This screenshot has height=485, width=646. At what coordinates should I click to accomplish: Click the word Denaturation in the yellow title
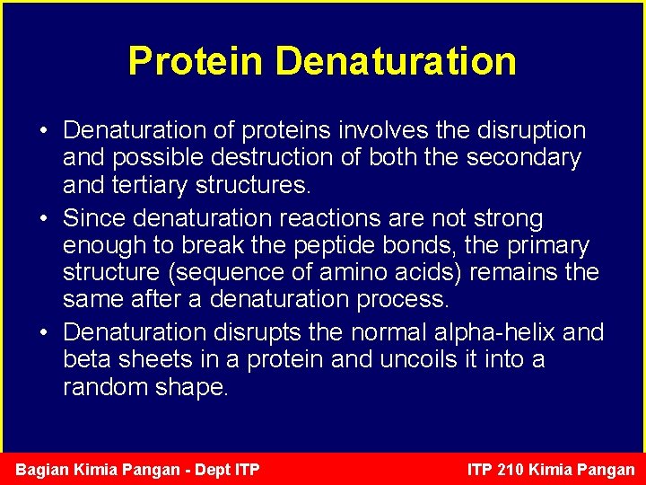[x=396, y=61]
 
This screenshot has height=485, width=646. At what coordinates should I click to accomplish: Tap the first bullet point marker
[x=43, y=131]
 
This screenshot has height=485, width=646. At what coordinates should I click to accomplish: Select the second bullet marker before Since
[x=43, y=219]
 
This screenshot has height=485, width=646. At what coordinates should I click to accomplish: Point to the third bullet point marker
[x=43, y=332]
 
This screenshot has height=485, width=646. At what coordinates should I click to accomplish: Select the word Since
[x=95, y=219]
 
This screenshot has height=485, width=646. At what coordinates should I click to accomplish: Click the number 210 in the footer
[x=521, y=470]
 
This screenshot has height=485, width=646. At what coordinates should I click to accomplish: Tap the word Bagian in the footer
[x=44, y=470]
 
